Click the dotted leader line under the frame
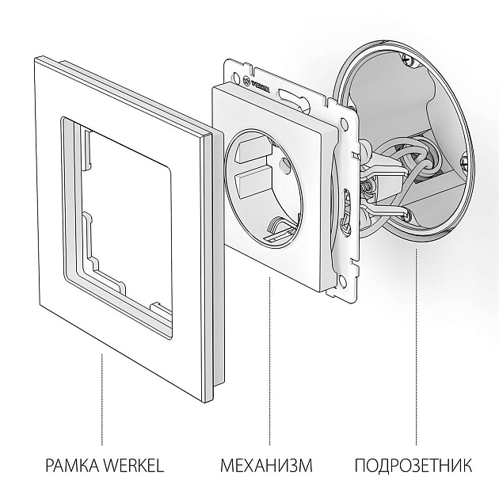(102, 396)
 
